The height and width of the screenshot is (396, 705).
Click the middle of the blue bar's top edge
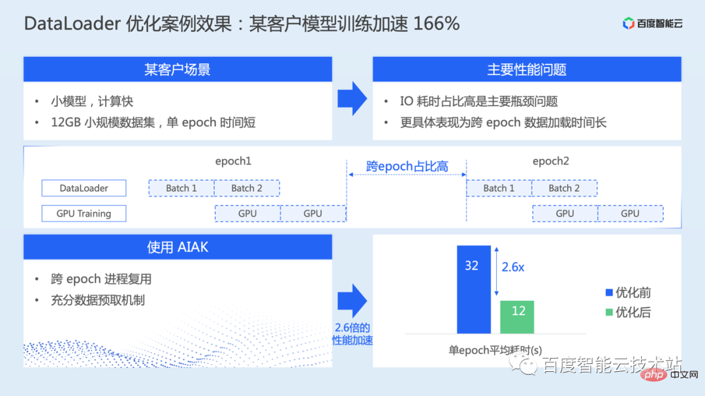(474, 246)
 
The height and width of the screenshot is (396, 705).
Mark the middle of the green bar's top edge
(517, 301)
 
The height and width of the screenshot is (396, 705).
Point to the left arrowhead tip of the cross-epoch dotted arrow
(349, 174)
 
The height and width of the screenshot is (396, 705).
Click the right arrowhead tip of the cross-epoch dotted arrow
(466, 174)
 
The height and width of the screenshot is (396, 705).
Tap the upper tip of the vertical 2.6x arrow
(496, 247)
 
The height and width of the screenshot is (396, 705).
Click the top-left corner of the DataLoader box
(42, 180)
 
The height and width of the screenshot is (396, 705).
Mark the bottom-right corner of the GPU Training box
(127, 222)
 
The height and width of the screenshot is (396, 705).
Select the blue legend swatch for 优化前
(609, 293)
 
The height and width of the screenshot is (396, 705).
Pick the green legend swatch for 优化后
(609, 312)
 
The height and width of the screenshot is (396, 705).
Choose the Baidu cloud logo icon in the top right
(628, 23)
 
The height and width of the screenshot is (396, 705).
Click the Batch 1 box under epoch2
(499, 189)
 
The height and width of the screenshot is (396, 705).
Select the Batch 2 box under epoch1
(247, 189)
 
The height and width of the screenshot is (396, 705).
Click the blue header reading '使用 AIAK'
(178, 247)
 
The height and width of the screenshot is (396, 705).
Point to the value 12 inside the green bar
(518, 311)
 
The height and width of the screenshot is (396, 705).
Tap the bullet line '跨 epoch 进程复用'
(101, 279)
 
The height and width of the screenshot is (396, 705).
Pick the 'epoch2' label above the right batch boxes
(551, 161)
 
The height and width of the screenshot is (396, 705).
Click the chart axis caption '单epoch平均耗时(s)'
(495, 350)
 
